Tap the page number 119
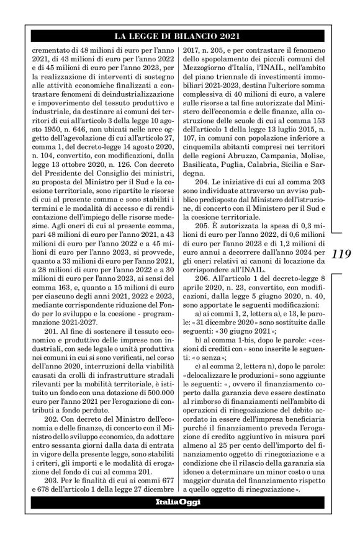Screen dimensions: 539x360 pos(343,254)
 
